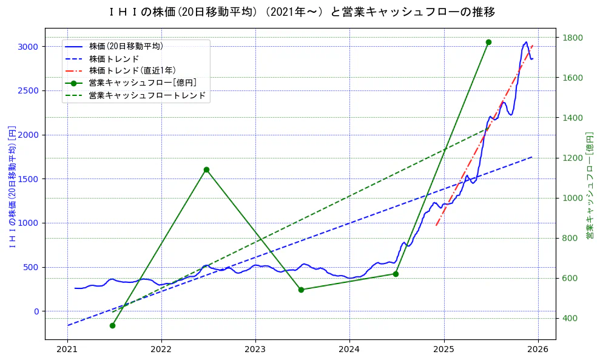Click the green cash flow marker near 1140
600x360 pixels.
[x=206, y=169]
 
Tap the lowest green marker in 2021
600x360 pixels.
[x=112, y=325]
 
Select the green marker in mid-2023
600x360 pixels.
[x=301, y=290]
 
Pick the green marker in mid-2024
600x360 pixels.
[x=396, y=274]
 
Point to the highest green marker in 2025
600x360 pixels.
[x=488, y=42]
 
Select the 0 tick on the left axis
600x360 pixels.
[x=36, y=311]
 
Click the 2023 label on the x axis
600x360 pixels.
[x=255, y=350]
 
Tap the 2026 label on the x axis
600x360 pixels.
[x=538, y=350]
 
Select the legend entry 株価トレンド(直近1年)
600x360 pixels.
[x=132, y=70]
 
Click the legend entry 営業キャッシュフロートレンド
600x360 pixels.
[x=147, y=96]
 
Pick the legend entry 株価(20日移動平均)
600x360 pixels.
[x=126, y=46]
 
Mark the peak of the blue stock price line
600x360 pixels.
[x=526, y=42]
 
